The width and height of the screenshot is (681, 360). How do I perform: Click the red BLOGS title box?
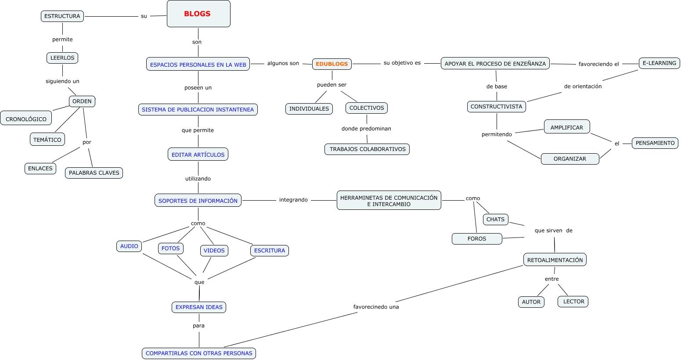198,14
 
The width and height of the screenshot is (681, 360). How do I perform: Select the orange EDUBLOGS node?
331,64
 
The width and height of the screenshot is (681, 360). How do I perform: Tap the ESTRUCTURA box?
62,16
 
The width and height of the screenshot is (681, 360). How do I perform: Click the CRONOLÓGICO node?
26,118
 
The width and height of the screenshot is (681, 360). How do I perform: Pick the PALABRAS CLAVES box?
94,173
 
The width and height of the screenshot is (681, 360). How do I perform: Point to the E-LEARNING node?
659,63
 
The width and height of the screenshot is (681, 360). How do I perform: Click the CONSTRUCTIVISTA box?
497,106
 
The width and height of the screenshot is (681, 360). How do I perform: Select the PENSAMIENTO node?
655,143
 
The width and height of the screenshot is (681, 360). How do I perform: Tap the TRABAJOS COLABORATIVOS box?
367,149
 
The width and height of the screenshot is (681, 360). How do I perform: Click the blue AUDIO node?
129,246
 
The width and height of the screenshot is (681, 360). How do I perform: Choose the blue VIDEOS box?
214,251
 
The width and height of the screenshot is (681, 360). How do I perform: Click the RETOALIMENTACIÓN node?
555,259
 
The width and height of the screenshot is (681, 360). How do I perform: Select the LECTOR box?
573,302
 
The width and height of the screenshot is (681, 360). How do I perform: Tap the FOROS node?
477,239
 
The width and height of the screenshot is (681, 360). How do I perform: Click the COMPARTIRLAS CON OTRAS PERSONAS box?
199,353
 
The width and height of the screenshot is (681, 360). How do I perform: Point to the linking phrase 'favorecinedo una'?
376,307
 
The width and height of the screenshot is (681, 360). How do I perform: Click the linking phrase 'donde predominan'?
366,129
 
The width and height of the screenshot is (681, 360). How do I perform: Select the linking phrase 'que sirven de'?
554,230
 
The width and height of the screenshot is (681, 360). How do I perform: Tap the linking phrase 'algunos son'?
283,63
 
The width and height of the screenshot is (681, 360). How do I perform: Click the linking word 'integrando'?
293,200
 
